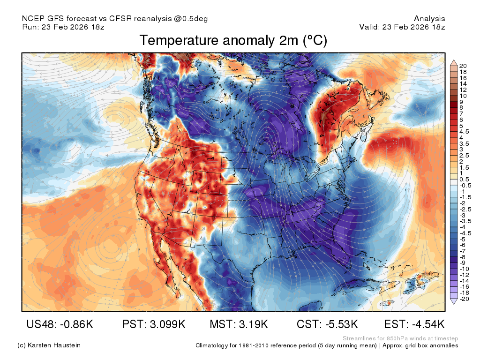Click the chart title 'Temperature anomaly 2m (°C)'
click(x=233, y=40)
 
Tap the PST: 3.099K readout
click(x=154, y=324)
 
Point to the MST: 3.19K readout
click(x=239, y=324)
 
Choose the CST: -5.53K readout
click(x=327, y=324)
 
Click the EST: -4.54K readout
click(x=414, y=324)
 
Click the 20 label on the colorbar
click(x=463, y=66)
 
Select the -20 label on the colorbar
click(x=464, y=299)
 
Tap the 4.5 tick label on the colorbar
click(x=464, y=132)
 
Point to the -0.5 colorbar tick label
click(x=465, y=186)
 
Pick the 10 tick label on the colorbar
click(x=463, y=96)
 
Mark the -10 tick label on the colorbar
click(x=464, y=269)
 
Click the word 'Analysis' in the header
click(x=429, y=19)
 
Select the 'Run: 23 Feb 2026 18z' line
click(x=63, y=27)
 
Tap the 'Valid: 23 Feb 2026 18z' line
click(x=402, y=27)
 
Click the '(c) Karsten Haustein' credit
click(x=49, y=345)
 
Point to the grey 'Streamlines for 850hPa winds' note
click(x=400, y=338)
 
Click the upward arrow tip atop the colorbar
click(x=454, y=60)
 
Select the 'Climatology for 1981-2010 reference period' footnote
click(x=286, y=345)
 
